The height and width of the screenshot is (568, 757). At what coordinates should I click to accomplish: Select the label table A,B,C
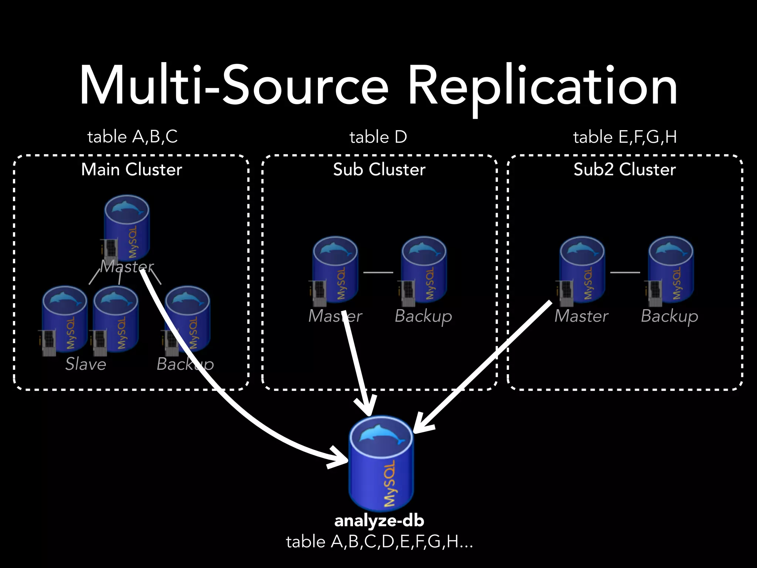(132, 137)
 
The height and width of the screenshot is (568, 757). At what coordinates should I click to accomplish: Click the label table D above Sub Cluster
(378, 137)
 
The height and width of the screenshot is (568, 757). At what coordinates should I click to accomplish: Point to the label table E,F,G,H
(625, 137)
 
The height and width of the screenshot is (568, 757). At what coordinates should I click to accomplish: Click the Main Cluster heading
(132, 169)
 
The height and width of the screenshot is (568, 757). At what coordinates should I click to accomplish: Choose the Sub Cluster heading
(379, 169)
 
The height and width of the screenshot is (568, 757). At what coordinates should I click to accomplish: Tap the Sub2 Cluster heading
(625, 169)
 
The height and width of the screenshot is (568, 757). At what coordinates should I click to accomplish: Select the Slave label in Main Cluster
(86, 364)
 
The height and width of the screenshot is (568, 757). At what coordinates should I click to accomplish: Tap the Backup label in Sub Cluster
(423, 316)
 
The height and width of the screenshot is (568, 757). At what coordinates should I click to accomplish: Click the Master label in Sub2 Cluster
(581, 316)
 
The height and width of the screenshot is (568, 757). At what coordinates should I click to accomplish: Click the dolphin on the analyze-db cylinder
(381, 433)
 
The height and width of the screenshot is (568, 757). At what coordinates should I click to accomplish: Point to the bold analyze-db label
(379, 521)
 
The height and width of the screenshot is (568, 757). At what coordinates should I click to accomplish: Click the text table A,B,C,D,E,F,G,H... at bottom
(379, 542)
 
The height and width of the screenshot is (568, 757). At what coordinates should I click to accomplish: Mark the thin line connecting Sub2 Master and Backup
(625, 273)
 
